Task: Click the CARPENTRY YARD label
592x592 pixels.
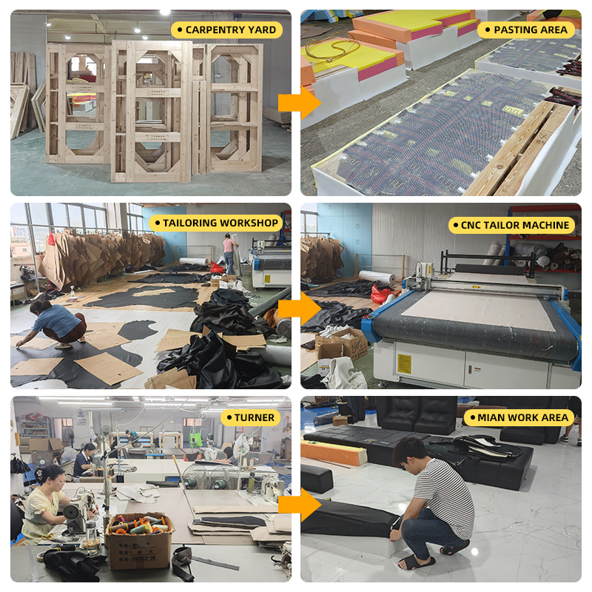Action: (226, 30)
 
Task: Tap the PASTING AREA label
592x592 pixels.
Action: (526, 30)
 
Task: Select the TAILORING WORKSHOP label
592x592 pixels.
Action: (216, 223)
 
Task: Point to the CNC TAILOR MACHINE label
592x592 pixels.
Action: (511, 225)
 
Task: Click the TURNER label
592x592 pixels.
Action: (250, 417)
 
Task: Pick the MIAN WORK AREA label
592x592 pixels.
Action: (519, 417)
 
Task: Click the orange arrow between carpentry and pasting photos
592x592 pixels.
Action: (300, 103)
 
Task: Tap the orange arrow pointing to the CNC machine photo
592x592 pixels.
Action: (300, 309)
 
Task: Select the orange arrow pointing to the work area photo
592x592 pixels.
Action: (300, 505)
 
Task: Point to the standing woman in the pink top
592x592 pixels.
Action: (229, 253)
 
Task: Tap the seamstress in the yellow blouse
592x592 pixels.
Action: (41, 504)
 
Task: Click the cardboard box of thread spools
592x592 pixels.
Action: (139, 540)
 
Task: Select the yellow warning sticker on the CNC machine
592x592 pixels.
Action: (405, 364)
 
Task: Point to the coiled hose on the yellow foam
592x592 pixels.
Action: (332, 49)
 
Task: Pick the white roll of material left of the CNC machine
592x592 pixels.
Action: (377, 277)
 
